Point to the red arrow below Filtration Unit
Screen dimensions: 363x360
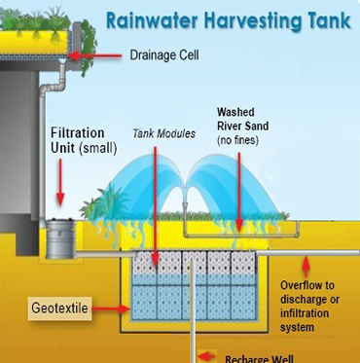tap(61, 185)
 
